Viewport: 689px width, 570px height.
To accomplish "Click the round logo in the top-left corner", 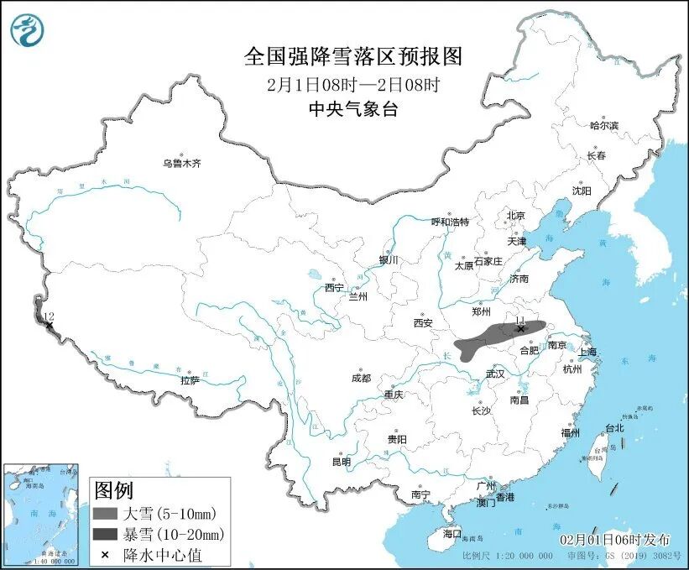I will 28,31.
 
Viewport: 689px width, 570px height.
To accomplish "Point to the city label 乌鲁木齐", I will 182,163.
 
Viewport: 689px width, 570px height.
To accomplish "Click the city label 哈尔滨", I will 603,126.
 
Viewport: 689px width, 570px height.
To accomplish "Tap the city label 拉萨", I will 191,380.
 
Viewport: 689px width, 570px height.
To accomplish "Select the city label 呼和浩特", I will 450,222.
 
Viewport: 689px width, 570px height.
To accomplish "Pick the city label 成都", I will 362,378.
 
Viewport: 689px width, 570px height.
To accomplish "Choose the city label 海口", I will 452,533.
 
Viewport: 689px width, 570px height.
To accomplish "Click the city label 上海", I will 587,351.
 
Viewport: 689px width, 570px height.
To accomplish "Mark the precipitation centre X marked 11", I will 520,330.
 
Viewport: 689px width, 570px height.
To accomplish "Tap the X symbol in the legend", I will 105,554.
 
